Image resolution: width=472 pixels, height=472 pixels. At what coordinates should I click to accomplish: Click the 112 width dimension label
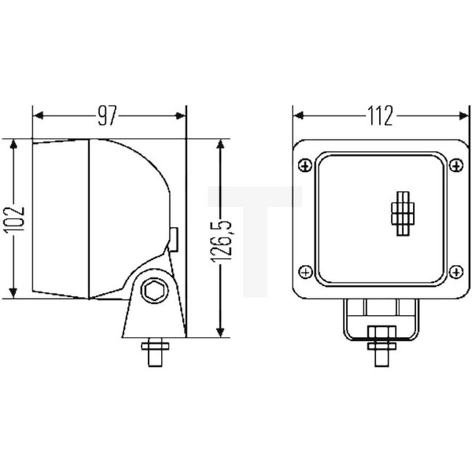pyautogui.click(x=380, y=115)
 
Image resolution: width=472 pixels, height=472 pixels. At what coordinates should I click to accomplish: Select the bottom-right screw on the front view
pyautogui.click(x=456, y=272)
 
